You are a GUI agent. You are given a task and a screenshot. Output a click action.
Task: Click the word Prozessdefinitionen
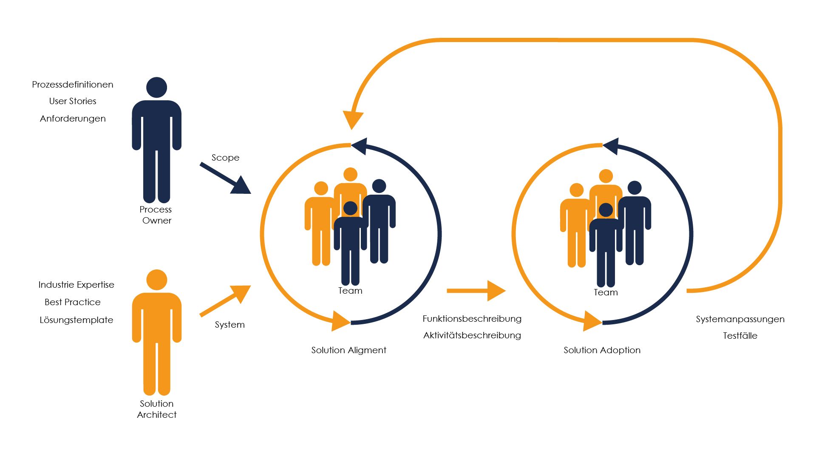click(x=73, y=85)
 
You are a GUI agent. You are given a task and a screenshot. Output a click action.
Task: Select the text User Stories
click(x=73, y=101)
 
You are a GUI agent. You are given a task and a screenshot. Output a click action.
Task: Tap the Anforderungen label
click(x=73, y=119)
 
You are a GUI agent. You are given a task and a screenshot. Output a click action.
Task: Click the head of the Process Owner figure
click(x=156, y=88)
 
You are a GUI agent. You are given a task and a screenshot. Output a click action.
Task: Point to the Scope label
click(x=225, y=158)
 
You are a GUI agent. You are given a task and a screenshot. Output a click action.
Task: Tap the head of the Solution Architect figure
click(x=156, y=280)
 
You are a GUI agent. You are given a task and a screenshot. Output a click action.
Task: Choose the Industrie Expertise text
click(x=76, y=285)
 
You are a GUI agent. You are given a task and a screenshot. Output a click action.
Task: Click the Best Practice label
click(x=73, y=302)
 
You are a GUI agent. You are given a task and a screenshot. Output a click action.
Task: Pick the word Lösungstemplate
click(x=76, y=320)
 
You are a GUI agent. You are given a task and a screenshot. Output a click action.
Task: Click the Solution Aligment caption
click(x=348, y=350)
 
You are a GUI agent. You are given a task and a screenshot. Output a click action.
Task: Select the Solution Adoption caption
click(x=602, y=350)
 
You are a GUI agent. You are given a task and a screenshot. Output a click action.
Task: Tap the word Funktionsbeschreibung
click(x=472, y=319)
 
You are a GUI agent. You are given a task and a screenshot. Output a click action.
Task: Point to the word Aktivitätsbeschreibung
click(x=472, y=335)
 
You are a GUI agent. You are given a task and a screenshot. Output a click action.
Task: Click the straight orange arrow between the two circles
click(x=476, y=291)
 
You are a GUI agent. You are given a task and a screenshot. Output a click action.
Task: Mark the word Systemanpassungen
click(x=740, y=319)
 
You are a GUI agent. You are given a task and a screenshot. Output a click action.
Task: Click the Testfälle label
click(x=740, y=336)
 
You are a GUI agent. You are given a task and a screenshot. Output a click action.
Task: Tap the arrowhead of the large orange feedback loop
click(x=353, y=119)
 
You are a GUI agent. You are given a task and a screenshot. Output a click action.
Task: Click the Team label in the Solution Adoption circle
click(x=606, y=292)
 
